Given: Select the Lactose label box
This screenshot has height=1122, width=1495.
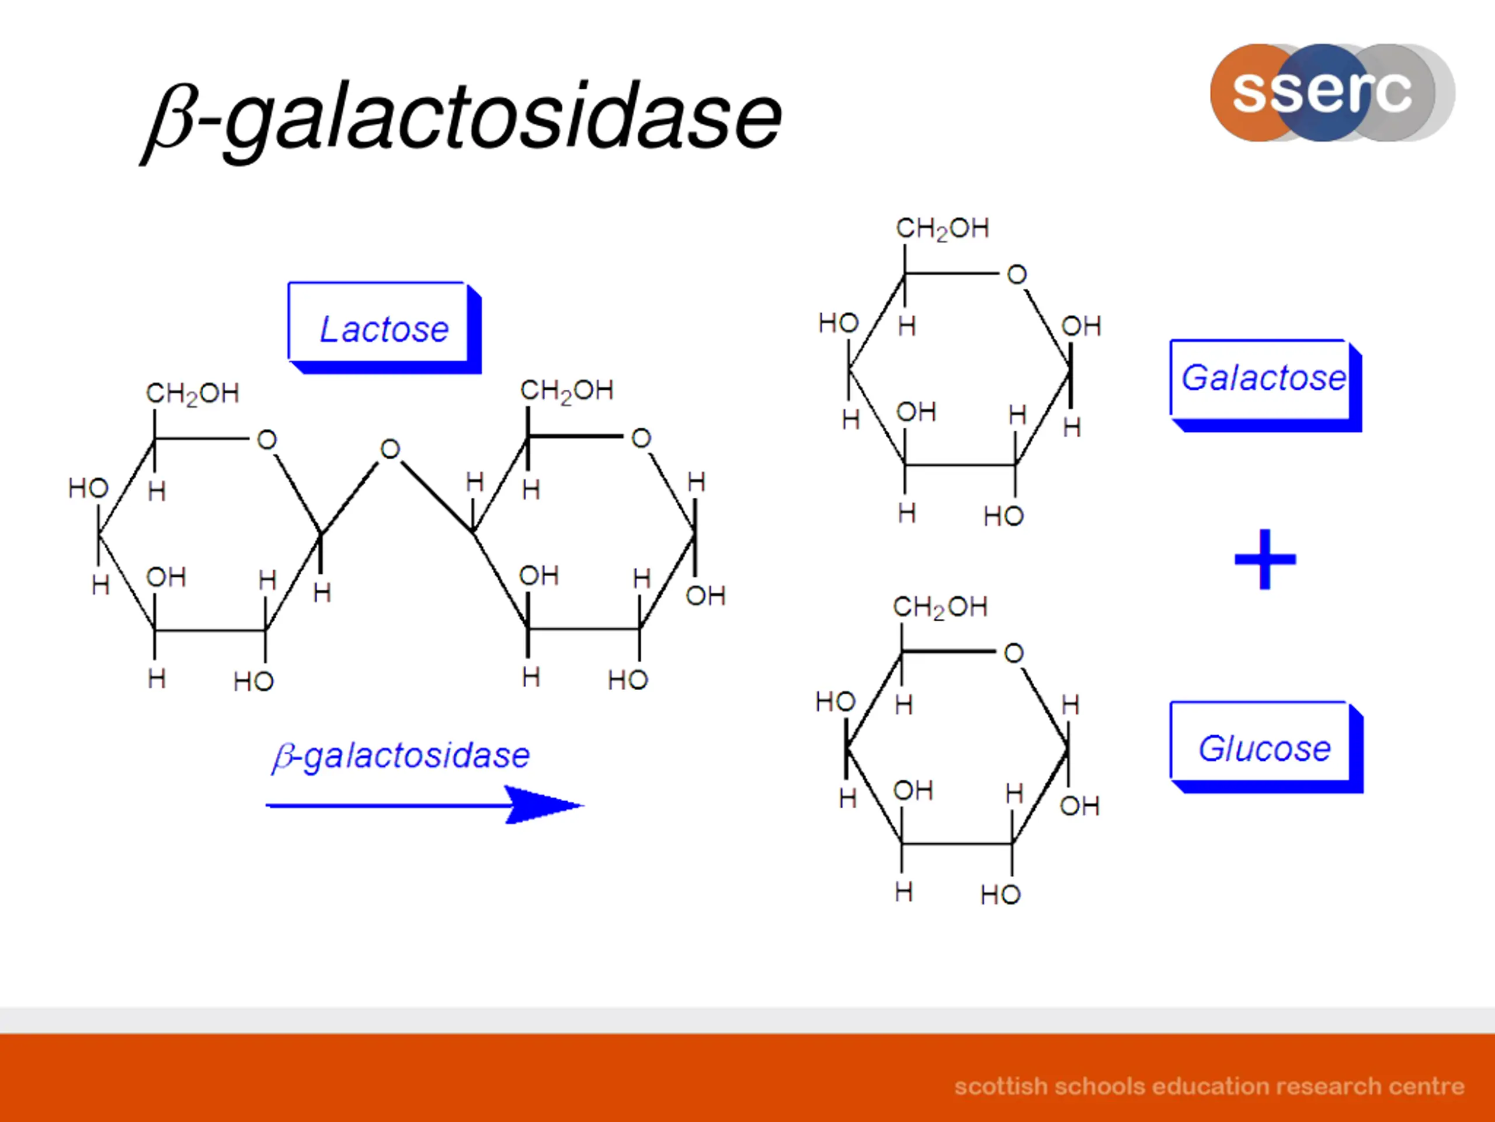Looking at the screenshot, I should [383, 328].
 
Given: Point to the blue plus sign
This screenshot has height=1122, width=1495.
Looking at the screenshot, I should [1264, 559].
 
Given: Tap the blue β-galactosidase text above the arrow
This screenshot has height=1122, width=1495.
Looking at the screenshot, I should [401, 756].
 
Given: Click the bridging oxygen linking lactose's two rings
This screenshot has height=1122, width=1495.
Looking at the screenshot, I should [390, 449].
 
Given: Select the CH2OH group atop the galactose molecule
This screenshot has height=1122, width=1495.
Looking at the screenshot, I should [942, 228].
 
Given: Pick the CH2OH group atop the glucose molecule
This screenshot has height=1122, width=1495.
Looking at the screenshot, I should [940, 607].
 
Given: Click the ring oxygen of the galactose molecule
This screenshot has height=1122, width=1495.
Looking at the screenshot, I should [1017, 275].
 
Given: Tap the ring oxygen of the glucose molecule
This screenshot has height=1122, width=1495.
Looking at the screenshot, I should [1013, 653].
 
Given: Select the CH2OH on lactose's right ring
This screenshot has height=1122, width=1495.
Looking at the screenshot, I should [566, 391].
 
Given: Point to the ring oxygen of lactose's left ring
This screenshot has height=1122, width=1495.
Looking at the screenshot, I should [267, 440].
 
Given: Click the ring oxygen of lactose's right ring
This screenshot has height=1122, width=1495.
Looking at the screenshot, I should [641, 438].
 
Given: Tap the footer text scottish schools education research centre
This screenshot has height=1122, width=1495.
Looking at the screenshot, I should [1209, 1086].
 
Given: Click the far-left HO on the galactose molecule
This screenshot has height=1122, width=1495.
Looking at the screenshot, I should [838, 323].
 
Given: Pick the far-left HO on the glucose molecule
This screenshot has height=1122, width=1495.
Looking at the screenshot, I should [835, 702].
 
